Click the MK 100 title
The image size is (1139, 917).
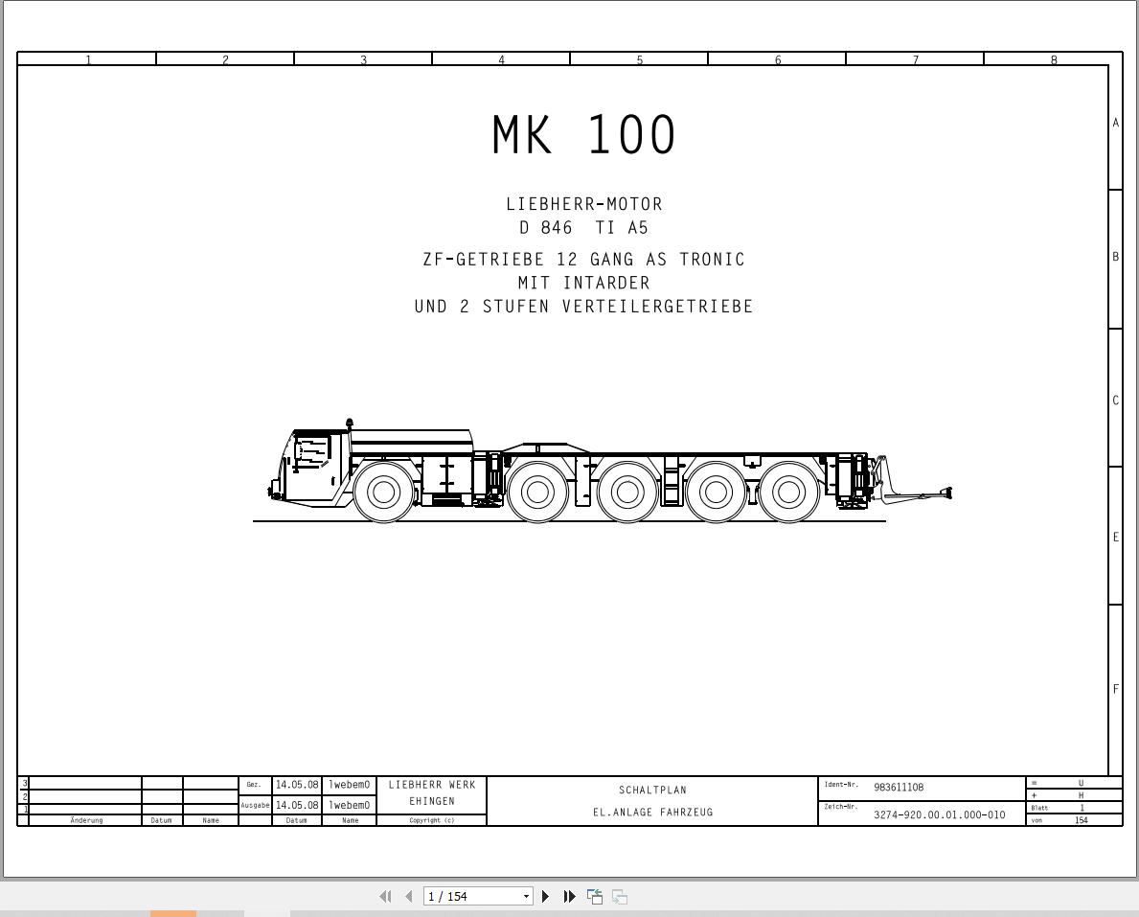pyautogui.click(x=583, y=135)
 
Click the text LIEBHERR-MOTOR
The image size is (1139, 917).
pyautogui.click(x=583, y=204)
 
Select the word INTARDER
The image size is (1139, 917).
pyautogui.click(x=606, y=283)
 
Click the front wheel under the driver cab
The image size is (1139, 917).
pyautogui.click(x=383, y=493)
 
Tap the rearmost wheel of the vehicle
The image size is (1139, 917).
pyautogui.click(x=788, y=493)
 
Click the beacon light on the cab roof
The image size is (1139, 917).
pyautogui.click(x=350, y=423)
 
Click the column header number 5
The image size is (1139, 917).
pyautogui.click(x=639, y=59)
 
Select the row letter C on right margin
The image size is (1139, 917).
pyautogui.click(x=1115, y=400)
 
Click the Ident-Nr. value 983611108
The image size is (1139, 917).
pyautogui.click(x=899, y=788)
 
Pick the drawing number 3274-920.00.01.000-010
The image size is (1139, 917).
pyautogui.click(x=939, y=814)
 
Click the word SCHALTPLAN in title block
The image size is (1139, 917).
pyautogui.click(x=652, y=791)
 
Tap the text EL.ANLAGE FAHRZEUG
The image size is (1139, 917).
pyautogui.click(x=652, y=813)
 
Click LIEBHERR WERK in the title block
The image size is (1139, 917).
pyautogui.click(x=431, y=785)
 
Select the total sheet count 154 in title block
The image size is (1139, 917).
pyautogui.click(x=1082, y=820)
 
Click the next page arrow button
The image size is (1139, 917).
pyautogui.click(x=545, y=896)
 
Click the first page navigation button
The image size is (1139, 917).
pyautogui.click(x=385, y=896)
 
